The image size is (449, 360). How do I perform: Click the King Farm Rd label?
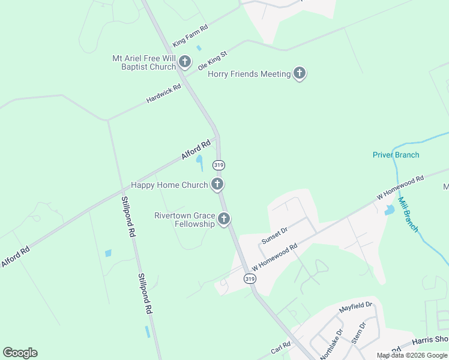[x=190, y=36]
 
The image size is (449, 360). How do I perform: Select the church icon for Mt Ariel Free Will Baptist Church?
[x=185, y=62]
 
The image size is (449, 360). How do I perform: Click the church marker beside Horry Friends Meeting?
[x=300, y=74]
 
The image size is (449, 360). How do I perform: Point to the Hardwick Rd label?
[x=164, y=94]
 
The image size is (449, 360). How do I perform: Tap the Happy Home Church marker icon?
[x=217, y=185]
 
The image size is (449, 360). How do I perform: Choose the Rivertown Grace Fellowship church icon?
[x=224, y=220]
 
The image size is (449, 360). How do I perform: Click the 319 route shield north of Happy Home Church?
[x=219, y=165]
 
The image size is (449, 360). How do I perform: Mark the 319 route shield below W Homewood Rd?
[x=249, y=279]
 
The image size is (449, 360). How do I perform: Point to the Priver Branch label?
[x=396, y=155]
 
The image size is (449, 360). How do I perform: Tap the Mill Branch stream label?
[x=410, y=215]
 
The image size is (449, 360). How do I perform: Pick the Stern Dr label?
[x=358, y=334]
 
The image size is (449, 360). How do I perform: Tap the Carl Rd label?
[x=280, y=347]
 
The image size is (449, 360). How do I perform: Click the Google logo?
[x=20, y=353]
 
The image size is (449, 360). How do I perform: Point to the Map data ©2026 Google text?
[x=412, y=355]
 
